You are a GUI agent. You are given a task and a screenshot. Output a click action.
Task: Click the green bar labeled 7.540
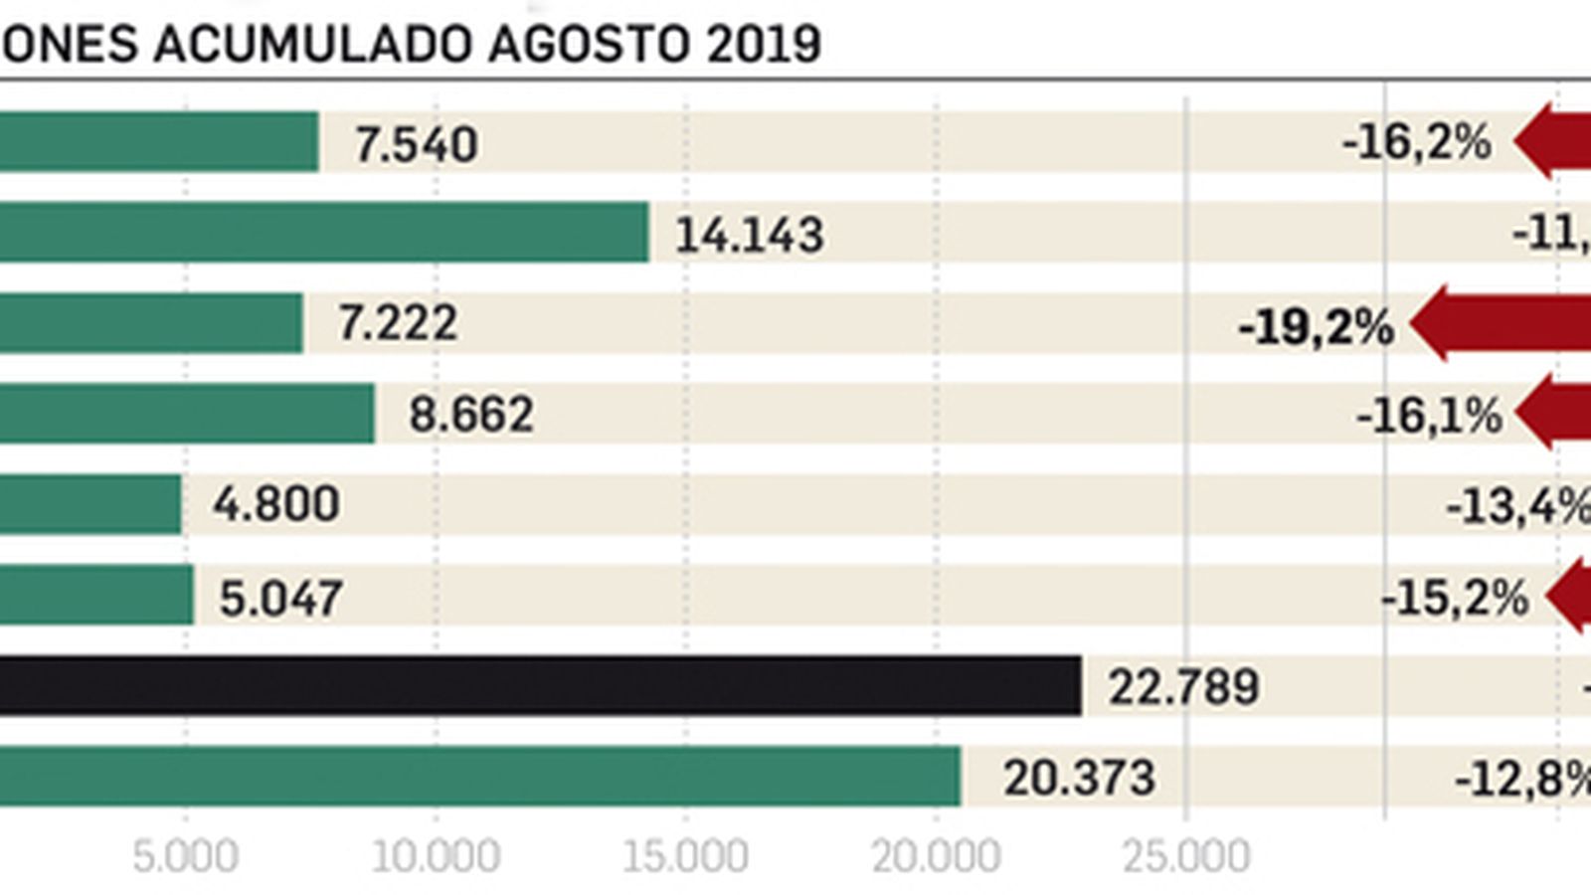pos(159,141)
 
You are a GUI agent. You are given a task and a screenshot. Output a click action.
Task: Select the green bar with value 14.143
pos(323,232)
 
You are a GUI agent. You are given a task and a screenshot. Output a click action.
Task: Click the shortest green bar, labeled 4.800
pos(90,504)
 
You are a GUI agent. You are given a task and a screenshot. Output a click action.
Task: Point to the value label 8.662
pos(471,414)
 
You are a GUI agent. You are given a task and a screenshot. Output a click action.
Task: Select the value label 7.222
pos(398,323)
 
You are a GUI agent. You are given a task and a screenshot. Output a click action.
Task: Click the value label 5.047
pos(281,599)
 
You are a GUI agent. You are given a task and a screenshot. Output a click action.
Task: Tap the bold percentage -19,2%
pos(1316,326)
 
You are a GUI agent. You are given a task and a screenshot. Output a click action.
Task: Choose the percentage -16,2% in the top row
pos(1416,143)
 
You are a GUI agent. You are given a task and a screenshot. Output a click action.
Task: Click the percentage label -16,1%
pos(1429,416)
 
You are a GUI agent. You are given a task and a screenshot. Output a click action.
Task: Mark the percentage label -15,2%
pos(1454,599)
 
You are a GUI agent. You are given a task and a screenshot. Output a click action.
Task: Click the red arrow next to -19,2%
pos(1502,324)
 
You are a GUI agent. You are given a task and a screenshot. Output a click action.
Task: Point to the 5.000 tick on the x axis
pos(185,856)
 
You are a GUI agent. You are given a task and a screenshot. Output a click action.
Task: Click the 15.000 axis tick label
pos(685,856)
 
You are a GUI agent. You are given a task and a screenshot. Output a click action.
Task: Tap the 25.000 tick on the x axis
pos(1185,856)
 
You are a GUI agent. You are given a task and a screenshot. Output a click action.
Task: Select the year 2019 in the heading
pos(764,44)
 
